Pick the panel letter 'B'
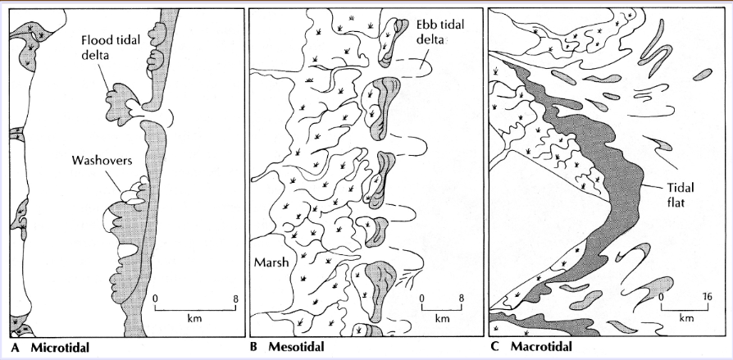[x=255, y=347]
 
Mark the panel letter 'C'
[x=494, y=347]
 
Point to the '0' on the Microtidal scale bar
[x=156, y=297]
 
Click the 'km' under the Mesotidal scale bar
[x=442, y=318]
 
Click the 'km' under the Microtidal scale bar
[x=195, y=318]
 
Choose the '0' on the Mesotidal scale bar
[x=422, y=297]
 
